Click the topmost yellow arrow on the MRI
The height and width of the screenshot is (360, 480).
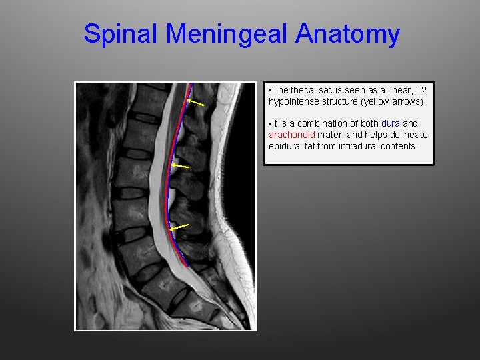coord(195,103)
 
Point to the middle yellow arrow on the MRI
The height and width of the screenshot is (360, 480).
coord(180,165)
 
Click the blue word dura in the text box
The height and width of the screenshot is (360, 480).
coord(391,123)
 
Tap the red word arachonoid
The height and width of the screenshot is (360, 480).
coord(291,135)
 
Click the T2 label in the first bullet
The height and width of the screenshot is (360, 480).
coord(421,90)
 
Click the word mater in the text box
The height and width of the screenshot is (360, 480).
coord(329,135)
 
